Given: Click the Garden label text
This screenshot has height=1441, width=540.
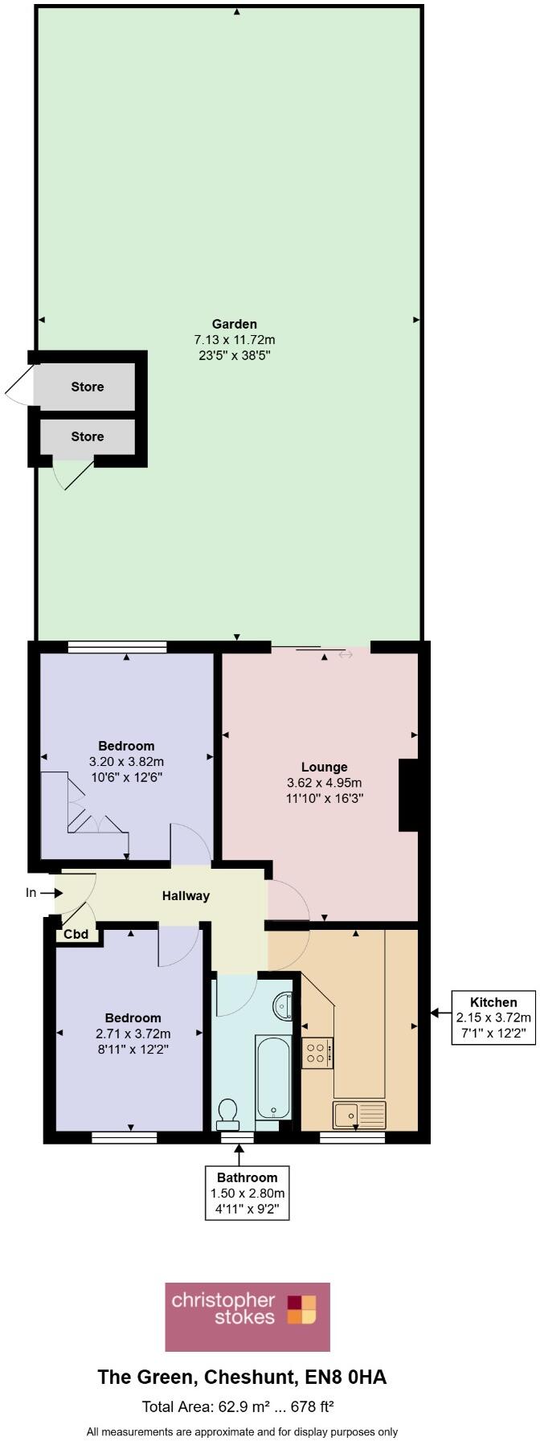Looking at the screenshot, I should pyautogui.click(x=235, y=324).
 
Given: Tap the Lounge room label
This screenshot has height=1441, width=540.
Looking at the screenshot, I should pyautogui.click(x=324, y=767).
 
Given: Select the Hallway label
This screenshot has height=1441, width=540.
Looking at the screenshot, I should pyautogui.click(x=186, y=895).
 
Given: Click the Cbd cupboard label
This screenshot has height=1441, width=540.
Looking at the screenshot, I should pyautogui.click(x=76, y=934).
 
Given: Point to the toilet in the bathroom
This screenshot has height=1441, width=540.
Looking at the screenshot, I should pyautogui.click(x=227, y=1113).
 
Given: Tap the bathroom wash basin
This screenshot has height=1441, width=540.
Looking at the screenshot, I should pyautogui.click(x=284, y=1005).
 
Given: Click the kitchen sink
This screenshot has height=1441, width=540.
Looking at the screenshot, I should pyautogui.click(x=359, y=1114).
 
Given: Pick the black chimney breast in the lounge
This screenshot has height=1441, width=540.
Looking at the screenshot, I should pyautogui.click(x=409, y=795).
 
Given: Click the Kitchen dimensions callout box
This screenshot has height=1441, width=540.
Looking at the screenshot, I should pyautogui.click(x=493, y=1017).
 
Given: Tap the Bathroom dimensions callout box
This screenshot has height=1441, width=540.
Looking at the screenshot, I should pyautogui.click(x=247, y=1193).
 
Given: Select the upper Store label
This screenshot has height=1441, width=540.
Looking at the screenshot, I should pyautogui.click(x=87, y=387).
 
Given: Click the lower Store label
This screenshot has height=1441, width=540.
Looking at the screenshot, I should pyautogui.click(x=87, y=436).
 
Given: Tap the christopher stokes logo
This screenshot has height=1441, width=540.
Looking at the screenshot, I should pyautogui.click(x=247, y=1316).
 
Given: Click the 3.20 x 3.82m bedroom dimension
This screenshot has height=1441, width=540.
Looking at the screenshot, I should pyautogui.click(x=126, y=761).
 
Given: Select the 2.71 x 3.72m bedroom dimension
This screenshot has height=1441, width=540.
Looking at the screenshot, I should pyautogui.click(x=133, y=1034).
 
